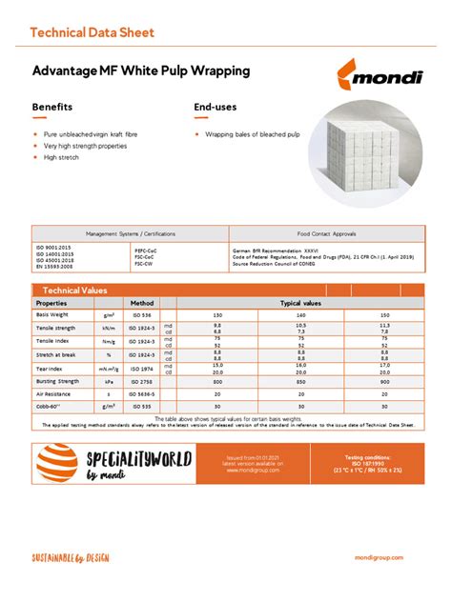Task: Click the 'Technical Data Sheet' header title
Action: point(92,32)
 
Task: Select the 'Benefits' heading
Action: point(52,107)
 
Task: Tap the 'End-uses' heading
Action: point(216,107)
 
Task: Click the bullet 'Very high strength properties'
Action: point(86,146)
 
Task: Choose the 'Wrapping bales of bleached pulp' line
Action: point(252,134)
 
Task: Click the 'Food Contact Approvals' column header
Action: point(326,233)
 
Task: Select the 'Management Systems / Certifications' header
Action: point(131,233)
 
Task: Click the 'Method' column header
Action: point(141,302)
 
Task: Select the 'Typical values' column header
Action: point(300,302)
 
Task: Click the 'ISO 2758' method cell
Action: point(141,379)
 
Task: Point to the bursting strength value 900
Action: point(385,379)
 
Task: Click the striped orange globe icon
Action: point(58,464)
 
